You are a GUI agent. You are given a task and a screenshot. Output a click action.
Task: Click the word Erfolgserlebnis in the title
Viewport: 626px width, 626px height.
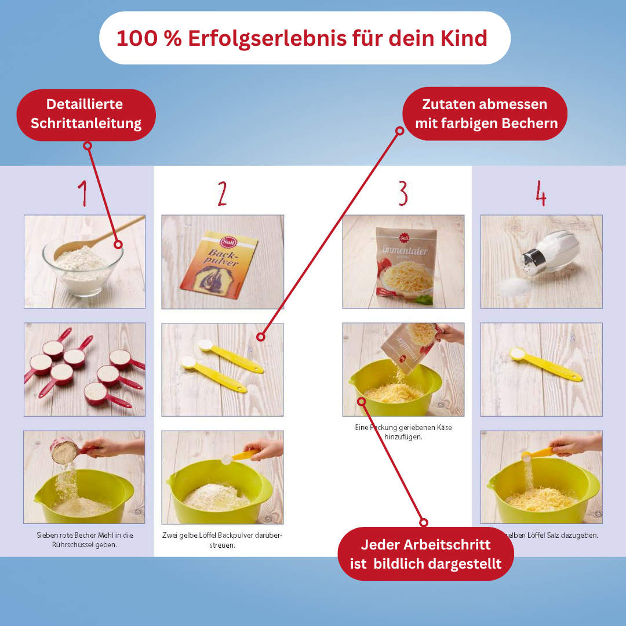[x=253, y=38]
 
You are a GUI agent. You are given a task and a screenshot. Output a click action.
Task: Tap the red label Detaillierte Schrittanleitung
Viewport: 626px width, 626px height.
[x=86, y=114]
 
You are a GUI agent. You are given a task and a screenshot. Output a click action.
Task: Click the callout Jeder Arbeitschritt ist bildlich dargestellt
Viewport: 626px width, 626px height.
[x=425, y=554]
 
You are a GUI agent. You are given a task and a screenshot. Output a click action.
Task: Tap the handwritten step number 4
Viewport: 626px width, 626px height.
[x=541, y=194]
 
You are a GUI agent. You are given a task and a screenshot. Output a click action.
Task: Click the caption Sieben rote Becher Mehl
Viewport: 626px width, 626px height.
[x=85, y=540]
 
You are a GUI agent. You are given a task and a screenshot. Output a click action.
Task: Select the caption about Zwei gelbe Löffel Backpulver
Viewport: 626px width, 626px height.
[x=222, y=540]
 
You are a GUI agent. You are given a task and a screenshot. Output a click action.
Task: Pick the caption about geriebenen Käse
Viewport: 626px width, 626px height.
[x=403, y=432]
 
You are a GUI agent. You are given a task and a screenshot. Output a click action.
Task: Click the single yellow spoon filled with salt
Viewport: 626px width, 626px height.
[x=544, y=363]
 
